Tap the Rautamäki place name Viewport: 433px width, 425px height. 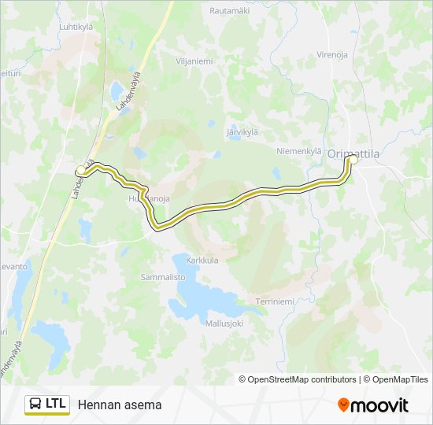[x=230, y=10]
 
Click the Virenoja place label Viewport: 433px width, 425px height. [x=332, y=54]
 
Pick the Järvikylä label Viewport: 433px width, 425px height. [x=242, y=131]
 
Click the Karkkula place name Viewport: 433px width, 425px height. [x=202, y=259]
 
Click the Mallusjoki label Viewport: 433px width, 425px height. [x=224, y=323]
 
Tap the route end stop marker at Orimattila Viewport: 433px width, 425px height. [x=353, y=160]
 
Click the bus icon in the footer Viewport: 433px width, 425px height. [x=36, y=404]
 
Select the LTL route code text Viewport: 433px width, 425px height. [x=56, y=404]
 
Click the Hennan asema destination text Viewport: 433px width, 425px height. [x=119, y=405]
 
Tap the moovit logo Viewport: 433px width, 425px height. [x=373, y=405]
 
